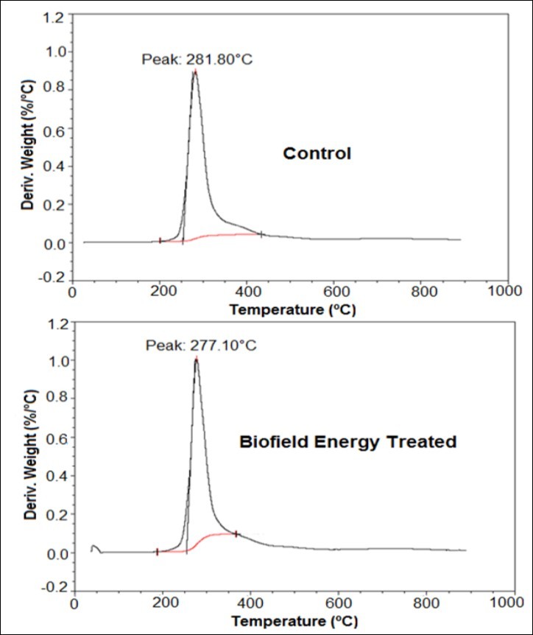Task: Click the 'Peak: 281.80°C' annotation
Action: [x=197, y=58]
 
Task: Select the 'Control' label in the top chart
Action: [x=317, y=154]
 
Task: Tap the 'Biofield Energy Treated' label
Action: [x=347, y=442]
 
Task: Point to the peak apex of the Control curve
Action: [x=194, y=72]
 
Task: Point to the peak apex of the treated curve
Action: [x=196, y=359]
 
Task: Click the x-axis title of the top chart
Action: [x=292, y=310]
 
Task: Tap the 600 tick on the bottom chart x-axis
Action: [x=338, y=602]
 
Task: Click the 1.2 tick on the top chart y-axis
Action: [x=56, y=14]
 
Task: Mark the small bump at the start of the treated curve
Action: [x=94, y=547]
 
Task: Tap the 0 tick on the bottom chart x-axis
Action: [x=74, y=602]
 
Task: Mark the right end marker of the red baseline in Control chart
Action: [x=261, y=234]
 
